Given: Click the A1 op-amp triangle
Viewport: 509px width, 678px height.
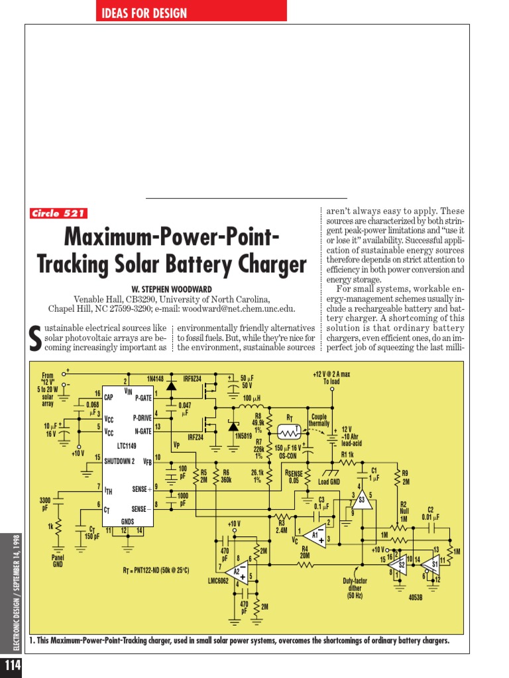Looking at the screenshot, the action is (x=317, y=535).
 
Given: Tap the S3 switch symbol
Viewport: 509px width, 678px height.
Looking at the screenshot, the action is (x=361, y=501).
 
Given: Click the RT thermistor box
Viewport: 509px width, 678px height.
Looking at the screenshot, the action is (x=290, y=432).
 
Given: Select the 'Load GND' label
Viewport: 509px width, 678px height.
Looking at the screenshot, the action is (x=329, y=482).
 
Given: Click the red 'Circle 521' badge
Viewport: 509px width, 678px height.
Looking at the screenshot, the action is (x=58, y=213).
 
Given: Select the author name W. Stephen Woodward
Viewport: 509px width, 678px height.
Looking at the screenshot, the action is (x=172, y=289).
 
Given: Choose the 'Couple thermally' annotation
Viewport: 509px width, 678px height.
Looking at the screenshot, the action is (x=319, y=420).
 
